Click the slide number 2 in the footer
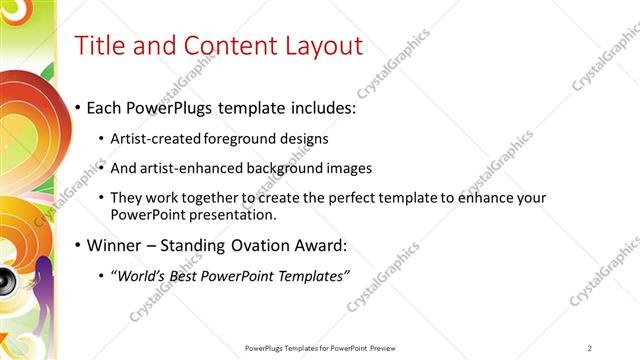(x=590, y=348)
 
